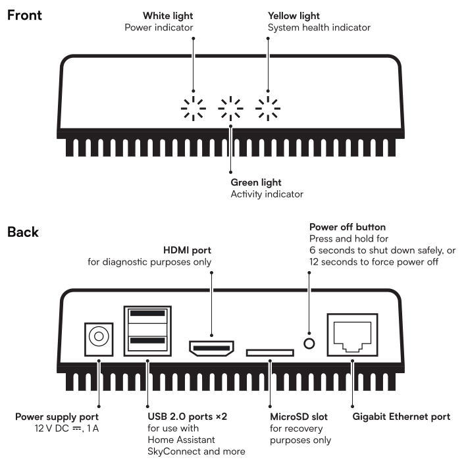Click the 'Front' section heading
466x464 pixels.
[x=24, y=14]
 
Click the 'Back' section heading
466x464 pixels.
[x=22, y=232]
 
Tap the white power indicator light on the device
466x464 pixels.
[x=194, y=108]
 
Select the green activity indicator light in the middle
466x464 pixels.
[x=230, y=108]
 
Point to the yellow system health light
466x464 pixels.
[x=267, y=108]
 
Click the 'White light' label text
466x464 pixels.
[x=167, y=14]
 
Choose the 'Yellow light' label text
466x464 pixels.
[x=294, y=14]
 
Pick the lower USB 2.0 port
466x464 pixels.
[x=148, y=342]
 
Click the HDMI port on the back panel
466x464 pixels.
[x=211, y=348]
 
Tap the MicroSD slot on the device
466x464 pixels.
[x=270, y=353]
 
